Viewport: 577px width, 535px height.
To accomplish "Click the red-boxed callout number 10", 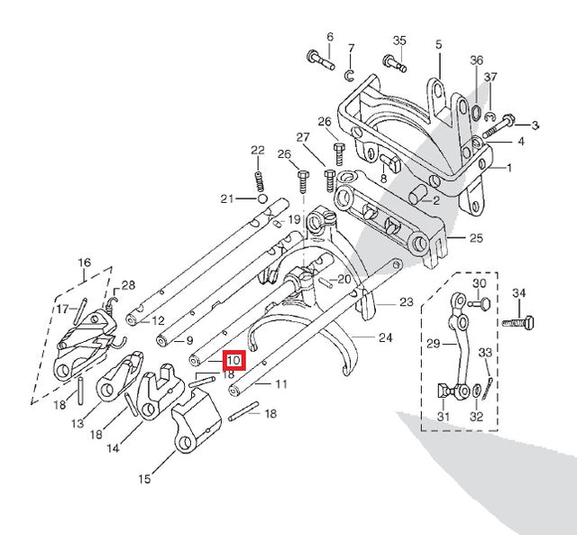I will [x=234, y=361].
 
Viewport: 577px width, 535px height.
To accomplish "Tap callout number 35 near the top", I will [x=399, y=41].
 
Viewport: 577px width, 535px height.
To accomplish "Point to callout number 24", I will [x=386, y=338].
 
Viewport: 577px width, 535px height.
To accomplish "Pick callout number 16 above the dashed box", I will [x=85, y=263].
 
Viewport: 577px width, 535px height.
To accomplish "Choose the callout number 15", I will [x=144, y=479].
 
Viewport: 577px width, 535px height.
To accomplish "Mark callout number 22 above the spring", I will [x=258, y=150].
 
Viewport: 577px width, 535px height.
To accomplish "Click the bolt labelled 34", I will [x=521, y=321].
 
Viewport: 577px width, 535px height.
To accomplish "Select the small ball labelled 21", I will [x=261, y=198].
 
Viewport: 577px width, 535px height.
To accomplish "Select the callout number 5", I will [x=439, y=43].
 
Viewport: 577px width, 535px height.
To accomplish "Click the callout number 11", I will [x=281, y=384].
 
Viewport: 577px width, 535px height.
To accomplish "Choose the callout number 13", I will [x=78, y=423].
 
